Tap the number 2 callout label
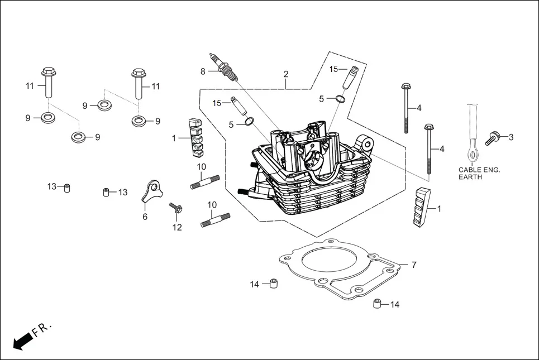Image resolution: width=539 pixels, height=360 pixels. (x=286, y=74)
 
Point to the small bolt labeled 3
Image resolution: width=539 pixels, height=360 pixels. (x=492, y=138)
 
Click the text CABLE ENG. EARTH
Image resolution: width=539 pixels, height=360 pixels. (x=479, y=173)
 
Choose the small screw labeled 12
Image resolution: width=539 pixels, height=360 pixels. (x=175, y=209)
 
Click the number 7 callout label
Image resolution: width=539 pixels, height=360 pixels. (x=414, y=265)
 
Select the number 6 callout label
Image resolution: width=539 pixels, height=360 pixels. (x=145, y=217)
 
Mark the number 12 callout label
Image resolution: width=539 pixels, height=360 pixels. (x=177, y=227)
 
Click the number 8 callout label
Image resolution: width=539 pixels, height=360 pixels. (x=203, y=71)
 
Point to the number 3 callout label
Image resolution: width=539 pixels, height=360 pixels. (x=511, y=137)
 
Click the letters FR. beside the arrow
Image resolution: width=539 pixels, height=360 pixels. (x=41, y=329)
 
